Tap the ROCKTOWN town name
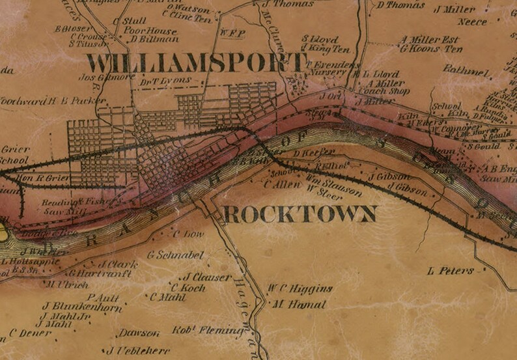pyautogui.click(x=300, y=214)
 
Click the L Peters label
pyautogui.click(x=451, y=270)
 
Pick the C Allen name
pyautogui.click(x=276, y=185)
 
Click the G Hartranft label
pyautogui.click(x=100, y=274)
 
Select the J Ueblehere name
pyautogui.click(x=137, y=350)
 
